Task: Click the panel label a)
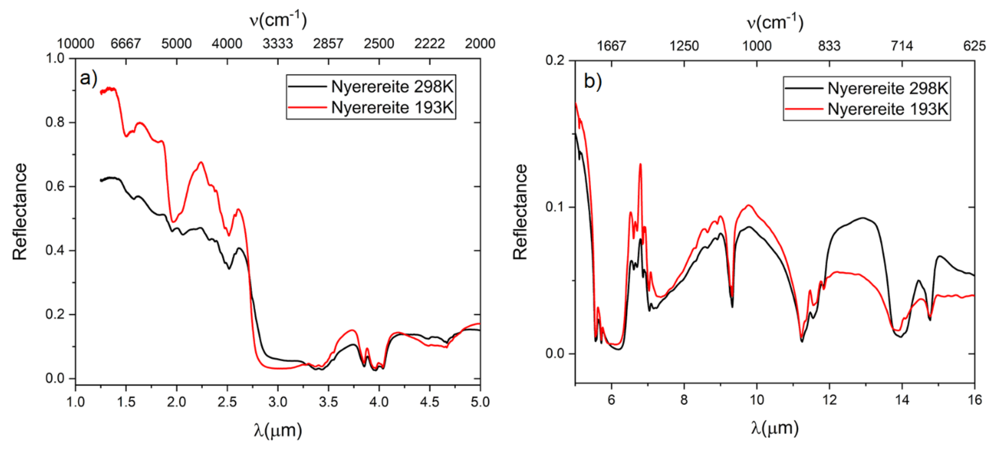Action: (x=88, y=78)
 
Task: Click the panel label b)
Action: (x=592, y=81)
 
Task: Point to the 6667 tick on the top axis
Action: (x=126, y=44)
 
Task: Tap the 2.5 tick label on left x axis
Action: (x=227, y=402)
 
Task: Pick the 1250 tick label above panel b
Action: (x=684, y=46)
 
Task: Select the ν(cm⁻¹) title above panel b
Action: (x=775, y=22)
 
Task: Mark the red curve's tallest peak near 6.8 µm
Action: (x=640, y=164)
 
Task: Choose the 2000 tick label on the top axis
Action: (x=480, y=44)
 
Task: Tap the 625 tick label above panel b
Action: (x=974, y=46)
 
